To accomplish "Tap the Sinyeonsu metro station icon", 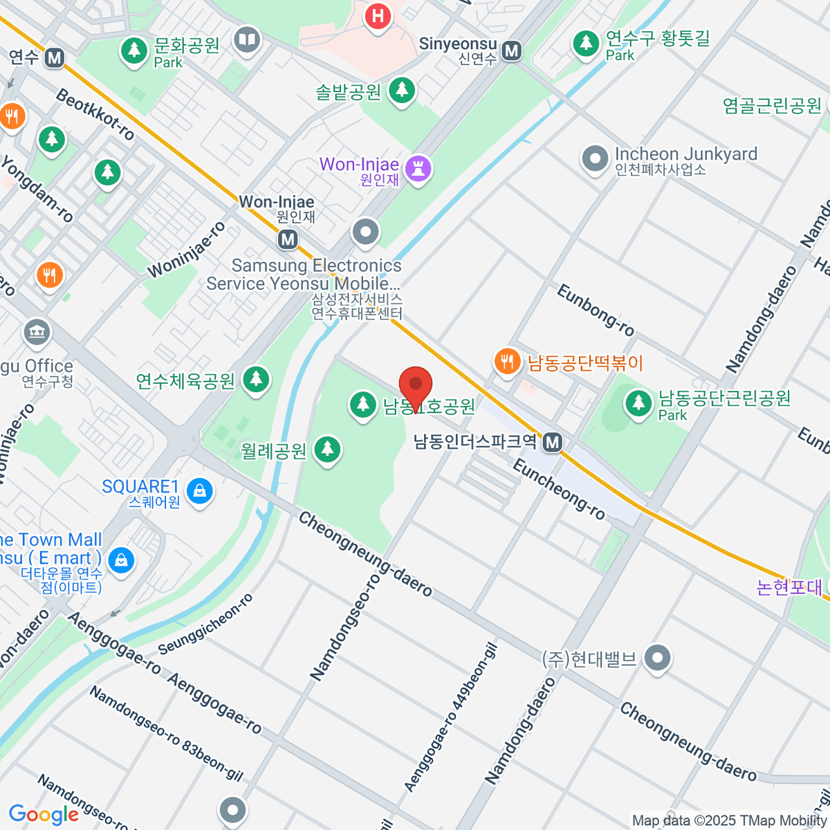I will click(512, 50).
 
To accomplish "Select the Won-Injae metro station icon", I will click(288, 239).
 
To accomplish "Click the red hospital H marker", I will click(378, 16).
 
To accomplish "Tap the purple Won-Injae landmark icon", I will click(418, 168).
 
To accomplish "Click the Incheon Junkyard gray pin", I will click(595, 158).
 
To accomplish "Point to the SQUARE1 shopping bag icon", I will click(200, 491).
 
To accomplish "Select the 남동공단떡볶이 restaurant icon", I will click(507, 361).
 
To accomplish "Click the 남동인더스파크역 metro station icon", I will click(552, 441).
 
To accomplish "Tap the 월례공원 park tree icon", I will click(327, 450).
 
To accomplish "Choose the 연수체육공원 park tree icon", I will click(256, 379).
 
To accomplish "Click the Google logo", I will click(44, 814).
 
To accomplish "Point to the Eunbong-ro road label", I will click(595, 311).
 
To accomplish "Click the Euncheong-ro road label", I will click(559, 490).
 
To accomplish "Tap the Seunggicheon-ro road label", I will click(205, 625).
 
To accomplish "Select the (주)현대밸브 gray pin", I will click(657, 657).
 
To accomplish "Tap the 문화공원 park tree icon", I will click(134, 50).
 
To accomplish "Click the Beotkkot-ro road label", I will click(95, 115).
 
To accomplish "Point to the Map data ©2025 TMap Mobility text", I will click(729, 820).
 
